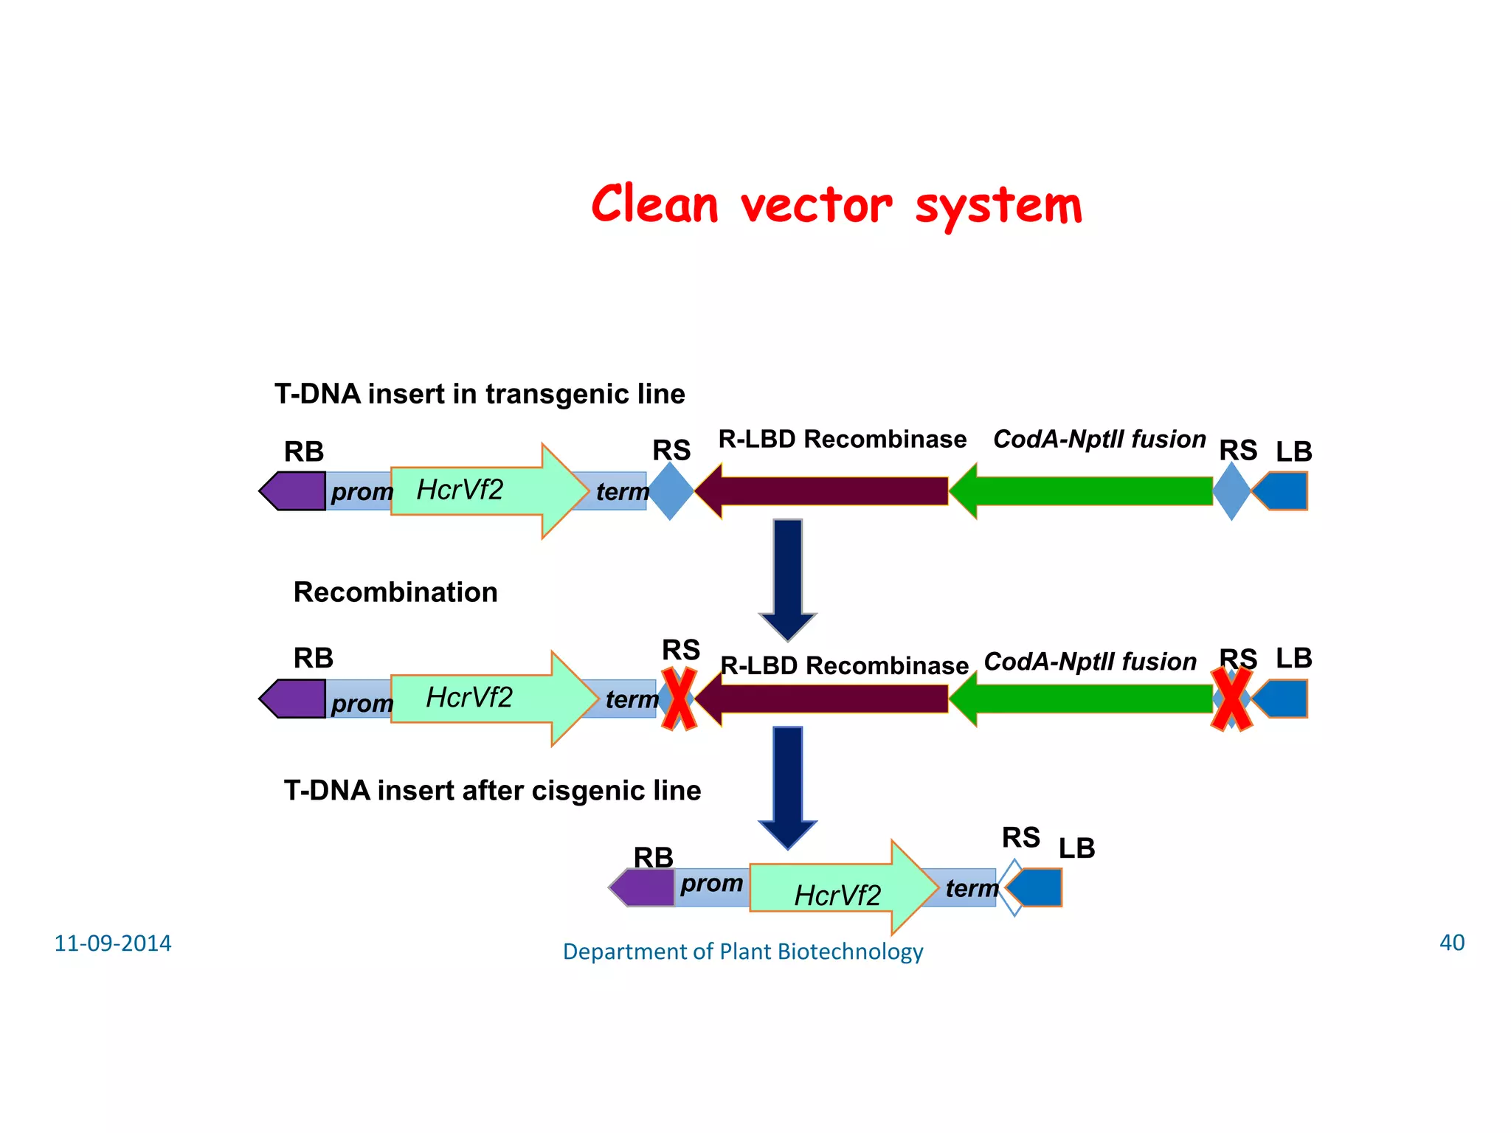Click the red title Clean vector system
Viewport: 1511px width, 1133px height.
837,205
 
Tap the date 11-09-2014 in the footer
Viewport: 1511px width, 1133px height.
112,943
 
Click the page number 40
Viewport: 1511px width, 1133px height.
1451,943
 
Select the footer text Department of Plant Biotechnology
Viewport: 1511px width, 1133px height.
742,952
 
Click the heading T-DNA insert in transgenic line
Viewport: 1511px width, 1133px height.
480,394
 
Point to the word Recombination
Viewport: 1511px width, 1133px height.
395,592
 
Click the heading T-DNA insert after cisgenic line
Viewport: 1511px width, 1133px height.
492,791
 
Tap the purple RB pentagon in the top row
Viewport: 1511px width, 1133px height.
294,491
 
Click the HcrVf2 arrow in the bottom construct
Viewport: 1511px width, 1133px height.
837,888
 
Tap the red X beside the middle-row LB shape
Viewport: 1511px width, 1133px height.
1231,699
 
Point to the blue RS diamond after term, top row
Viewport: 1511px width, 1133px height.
671,491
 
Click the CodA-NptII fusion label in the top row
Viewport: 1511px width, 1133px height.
1099,440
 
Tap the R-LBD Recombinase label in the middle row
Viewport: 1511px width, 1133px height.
844,665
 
